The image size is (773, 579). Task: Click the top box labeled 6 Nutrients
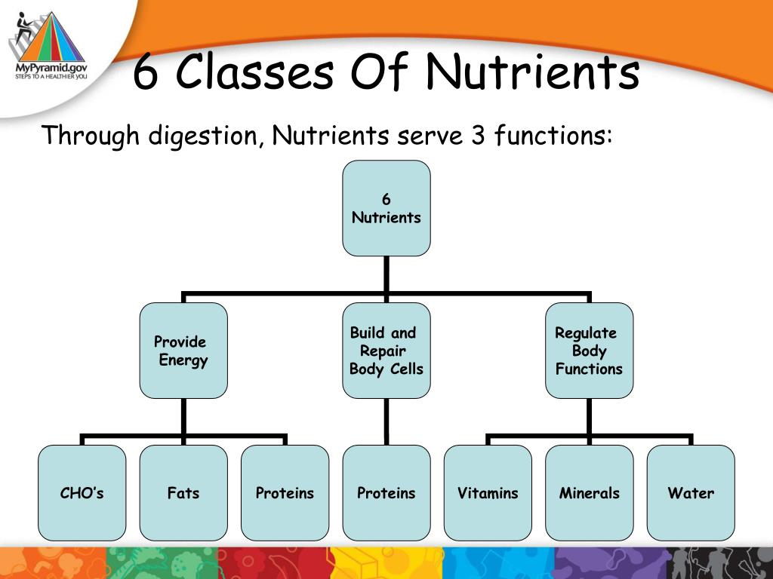coord(386,208)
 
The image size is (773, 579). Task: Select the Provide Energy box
coord(183,351)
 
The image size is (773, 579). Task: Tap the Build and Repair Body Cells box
coord(386,351)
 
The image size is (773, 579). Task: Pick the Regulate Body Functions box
coord(589,351)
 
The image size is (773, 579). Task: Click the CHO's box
coord(82,493)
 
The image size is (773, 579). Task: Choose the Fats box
coord(183,493)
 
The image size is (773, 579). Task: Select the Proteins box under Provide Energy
coord(285,493)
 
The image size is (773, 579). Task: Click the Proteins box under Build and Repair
coord(386,493)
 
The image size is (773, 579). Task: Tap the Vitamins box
coord(488,493)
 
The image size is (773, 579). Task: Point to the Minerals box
coord(589,493)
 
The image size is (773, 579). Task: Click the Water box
coord(691,493)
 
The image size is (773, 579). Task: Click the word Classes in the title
coord(257,73)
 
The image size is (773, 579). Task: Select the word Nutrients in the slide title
coord(532,73)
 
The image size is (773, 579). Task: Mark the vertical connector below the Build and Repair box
coord(386,421)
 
